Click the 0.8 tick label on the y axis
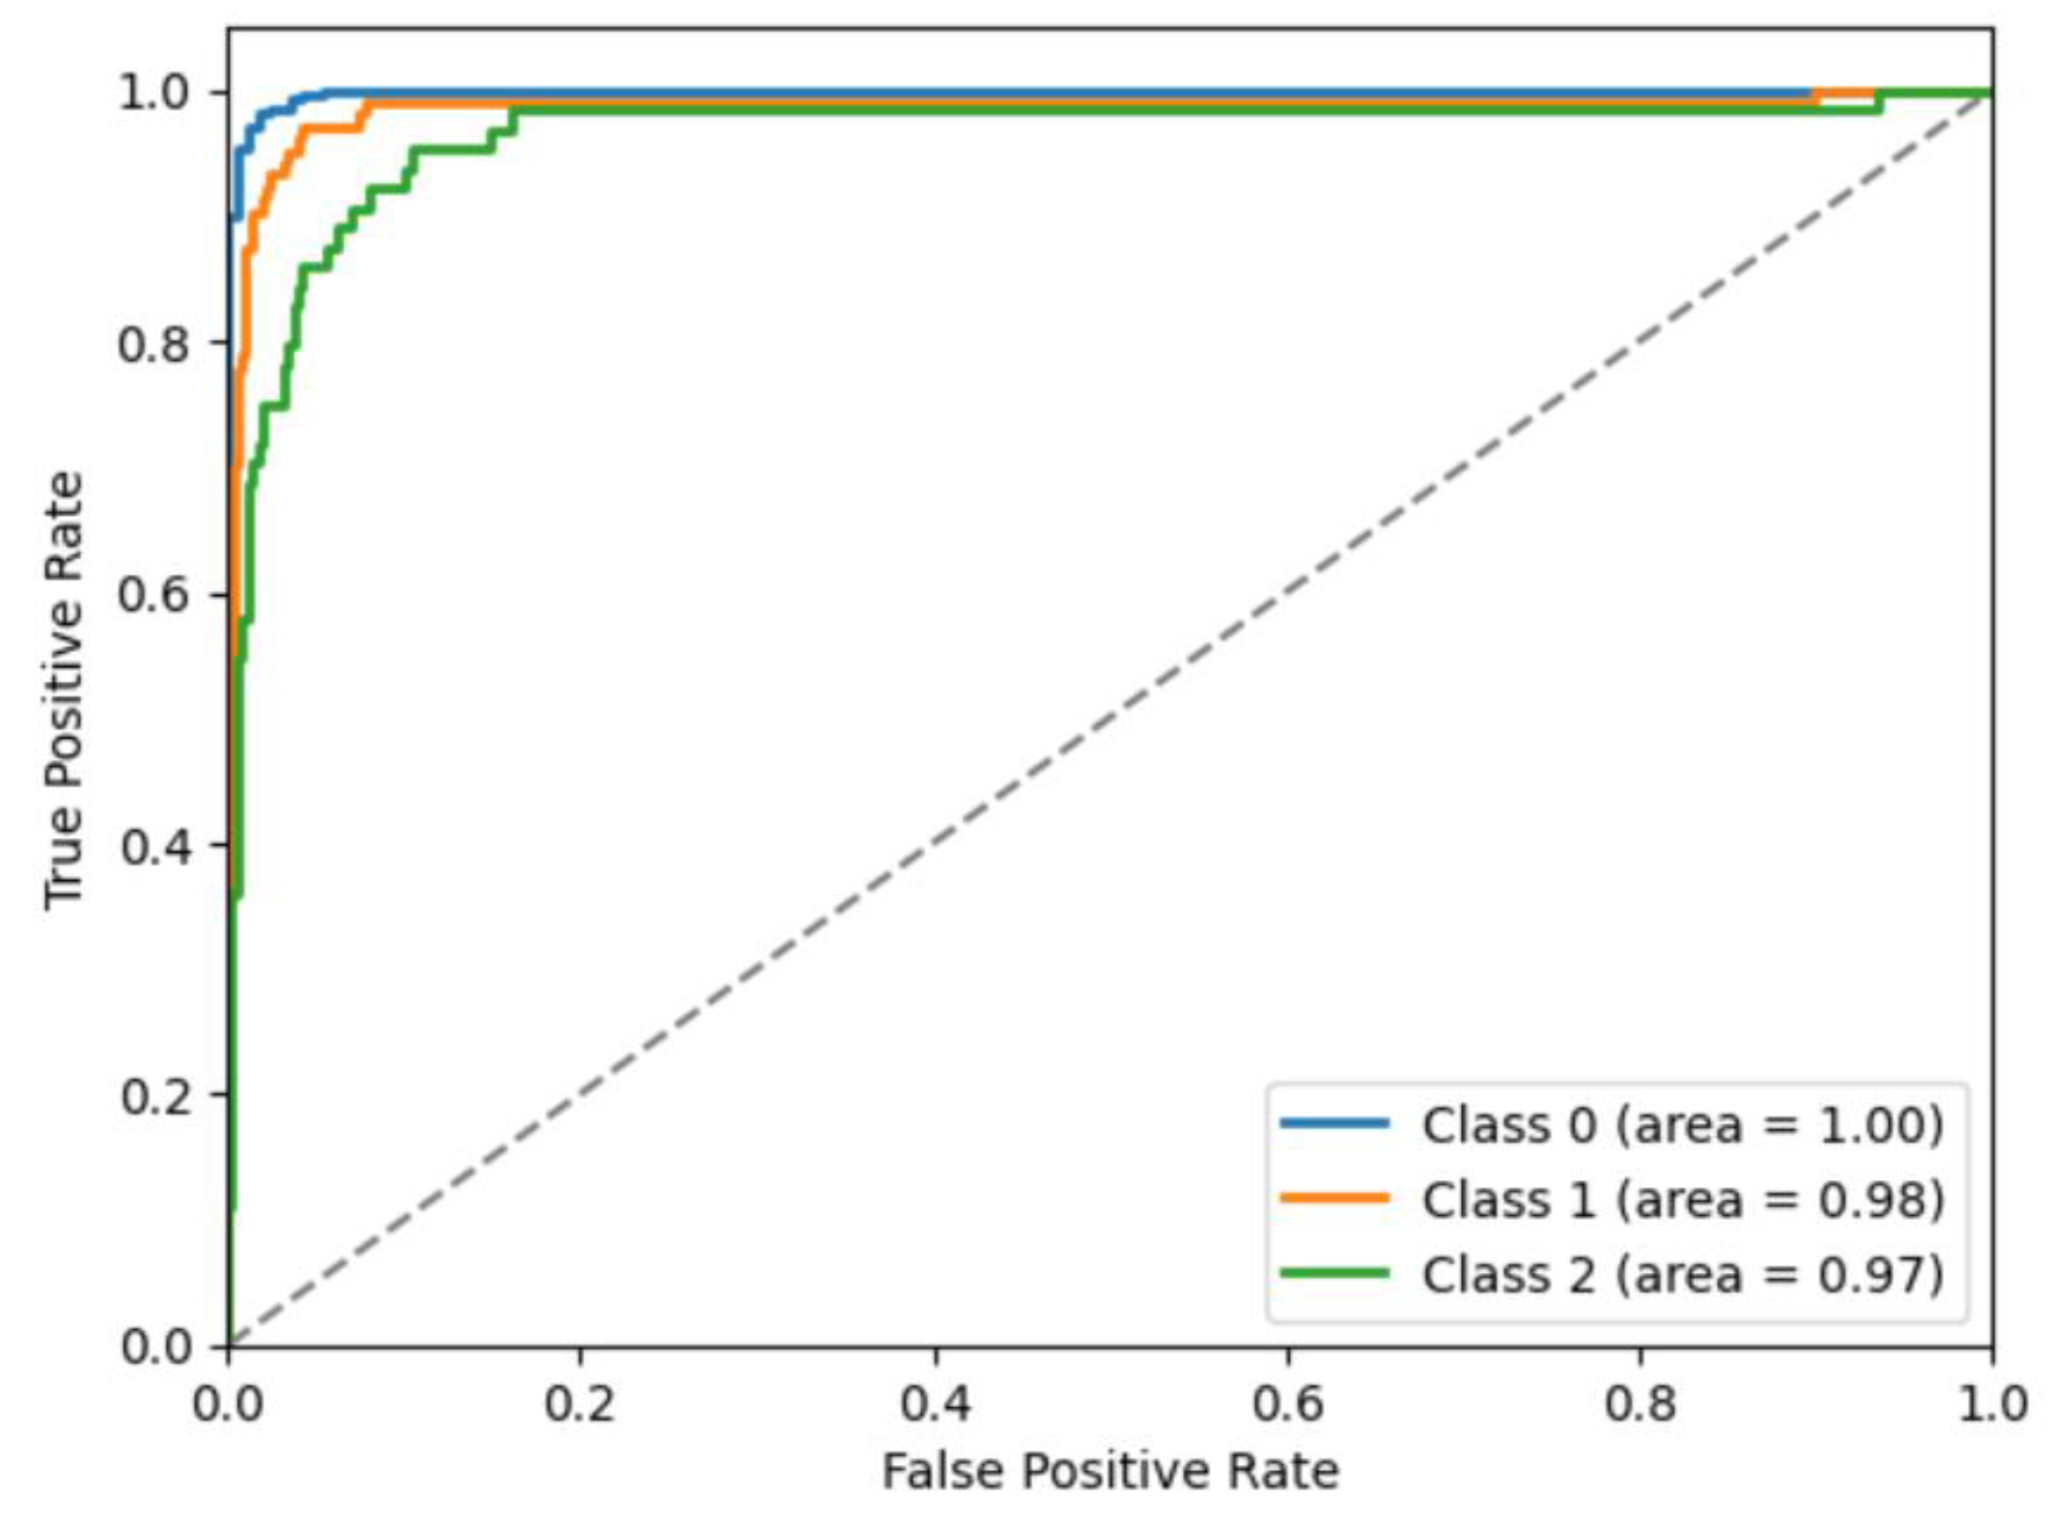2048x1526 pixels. [153, 344]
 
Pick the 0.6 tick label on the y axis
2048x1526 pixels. [153, 594]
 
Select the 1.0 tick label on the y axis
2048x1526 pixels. [153, 94]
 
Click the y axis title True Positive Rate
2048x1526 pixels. [64, 690]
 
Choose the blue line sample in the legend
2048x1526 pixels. [1334, 1123]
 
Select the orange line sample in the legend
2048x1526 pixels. [1334, 1199]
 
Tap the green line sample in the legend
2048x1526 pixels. [1334, 1273]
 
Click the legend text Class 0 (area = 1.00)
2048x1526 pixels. [1682, 1125]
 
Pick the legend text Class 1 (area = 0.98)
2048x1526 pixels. [1682, 1200]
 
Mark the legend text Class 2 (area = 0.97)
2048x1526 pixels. [1682, 1275]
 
